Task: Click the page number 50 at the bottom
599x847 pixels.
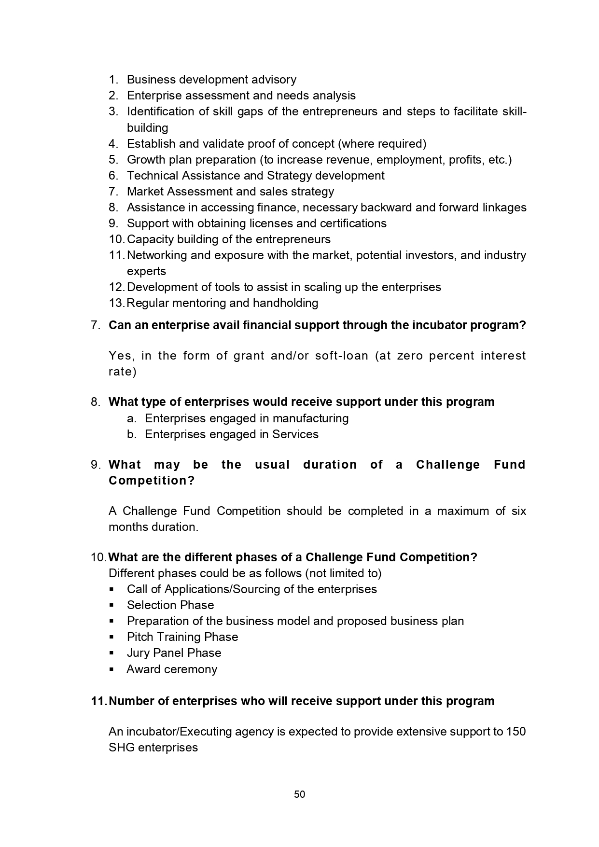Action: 299,794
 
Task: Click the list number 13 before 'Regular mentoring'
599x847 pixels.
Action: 116,303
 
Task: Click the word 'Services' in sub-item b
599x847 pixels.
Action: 295,434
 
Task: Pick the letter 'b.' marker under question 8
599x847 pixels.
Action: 132,434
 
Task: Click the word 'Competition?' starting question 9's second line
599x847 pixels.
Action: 152,481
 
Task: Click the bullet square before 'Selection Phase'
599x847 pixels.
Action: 111,605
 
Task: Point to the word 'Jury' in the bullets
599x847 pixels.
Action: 138,653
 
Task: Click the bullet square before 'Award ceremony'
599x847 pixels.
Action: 111,669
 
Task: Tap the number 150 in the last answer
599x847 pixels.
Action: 516,731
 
